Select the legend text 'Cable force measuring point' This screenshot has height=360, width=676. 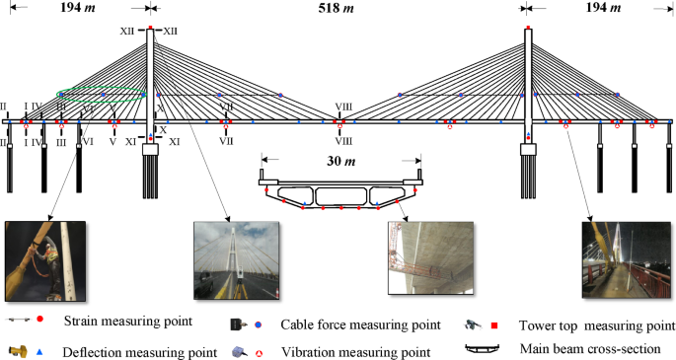360,324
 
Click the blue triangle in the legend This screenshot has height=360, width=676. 38,350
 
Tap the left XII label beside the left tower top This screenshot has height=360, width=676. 127,32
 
